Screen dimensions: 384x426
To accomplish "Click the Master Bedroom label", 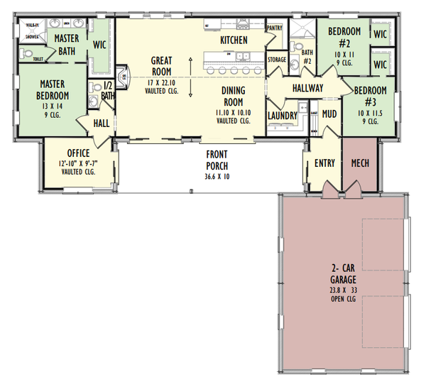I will point(53,89).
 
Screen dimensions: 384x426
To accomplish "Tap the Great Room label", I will point(162,66).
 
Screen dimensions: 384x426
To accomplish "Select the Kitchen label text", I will point(234,40).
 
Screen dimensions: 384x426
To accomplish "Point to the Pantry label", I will point(274,28).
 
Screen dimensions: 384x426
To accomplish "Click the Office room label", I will point(78,153).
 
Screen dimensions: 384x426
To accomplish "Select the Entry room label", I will point(324,163).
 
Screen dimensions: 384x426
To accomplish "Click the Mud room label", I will point(329,113).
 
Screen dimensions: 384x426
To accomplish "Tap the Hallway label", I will point(307,88).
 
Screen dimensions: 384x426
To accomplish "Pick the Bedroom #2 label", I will point(344,37).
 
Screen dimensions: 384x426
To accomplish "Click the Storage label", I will point(277,60).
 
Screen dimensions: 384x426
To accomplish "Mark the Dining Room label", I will point(234,95).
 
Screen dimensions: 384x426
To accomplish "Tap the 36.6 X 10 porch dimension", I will point(217,176).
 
